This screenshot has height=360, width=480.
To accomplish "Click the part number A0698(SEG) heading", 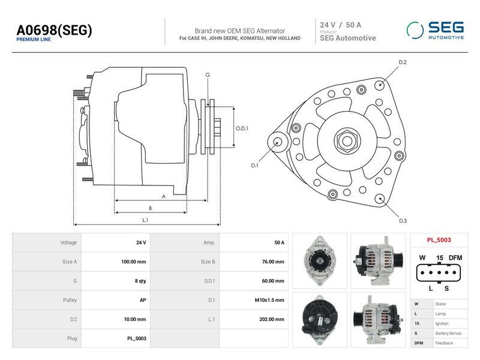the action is tap(54, 31).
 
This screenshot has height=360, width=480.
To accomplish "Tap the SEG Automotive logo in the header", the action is tap(435, 31).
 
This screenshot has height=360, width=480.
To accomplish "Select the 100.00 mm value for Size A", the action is tap(133, 262).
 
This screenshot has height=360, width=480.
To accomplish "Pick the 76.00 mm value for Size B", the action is tap(273, 262).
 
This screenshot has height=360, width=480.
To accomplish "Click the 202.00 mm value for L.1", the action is tap(272, 319).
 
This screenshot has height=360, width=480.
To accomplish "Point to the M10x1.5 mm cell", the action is tap(269, 300).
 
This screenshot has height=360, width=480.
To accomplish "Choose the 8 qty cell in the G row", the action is tap(140, 281).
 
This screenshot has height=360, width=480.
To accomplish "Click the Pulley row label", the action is tap(70, 300).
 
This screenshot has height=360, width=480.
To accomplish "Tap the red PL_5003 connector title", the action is tap(439, 240).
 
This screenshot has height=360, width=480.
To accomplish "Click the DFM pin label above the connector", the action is tap(455, 258).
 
